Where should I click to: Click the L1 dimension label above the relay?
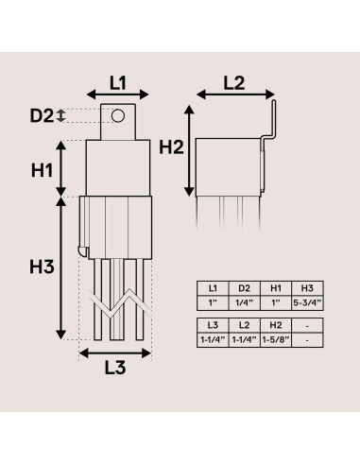pyautogui.click(x=118, y=82)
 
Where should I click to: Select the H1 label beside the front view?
pyautogui.click(x=41, y=171)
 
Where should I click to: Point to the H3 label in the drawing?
pyautogui.click(x=41, y=267)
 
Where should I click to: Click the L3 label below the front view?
pyautogui.click(x=113, y=370)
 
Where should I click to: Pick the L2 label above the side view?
pyautogui.click(x=234, y=82)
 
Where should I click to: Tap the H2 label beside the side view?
pyautogui.click(x=171, y=146)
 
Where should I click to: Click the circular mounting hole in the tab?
pyautogui.click(x=118, y=116)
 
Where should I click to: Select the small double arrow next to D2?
pyautogui.click(x=62, y=115)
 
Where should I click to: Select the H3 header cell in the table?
pyautogui.click(x=307, y=287)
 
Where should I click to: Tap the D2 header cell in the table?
pyautogui.click(x=244, y=287)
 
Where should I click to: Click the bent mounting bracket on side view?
pyautogui.click(x=271, y=128)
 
